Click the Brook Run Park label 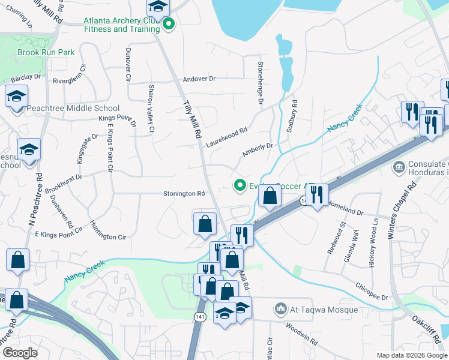46,52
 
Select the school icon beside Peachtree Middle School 16,96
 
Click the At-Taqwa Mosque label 324,310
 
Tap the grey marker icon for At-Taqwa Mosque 280,310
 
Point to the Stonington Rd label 185,194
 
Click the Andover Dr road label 199,79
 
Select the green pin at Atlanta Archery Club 169,25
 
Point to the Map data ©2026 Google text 411,355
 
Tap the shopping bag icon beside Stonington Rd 205,223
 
